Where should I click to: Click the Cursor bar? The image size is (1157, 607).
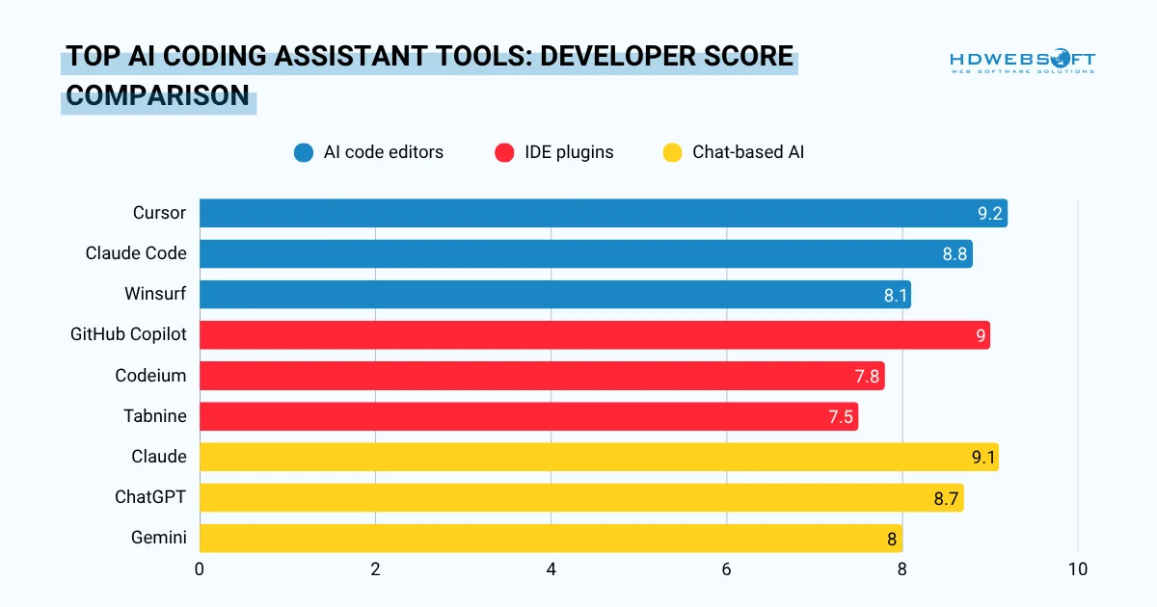click(603, 213)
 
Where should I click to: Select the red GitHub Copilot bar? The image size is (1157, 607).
click(594, 335)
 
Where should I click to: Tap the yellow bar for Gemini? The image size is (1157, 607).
click(551, 539)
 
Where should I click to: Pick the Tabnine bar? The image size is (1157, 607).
click(528, 416)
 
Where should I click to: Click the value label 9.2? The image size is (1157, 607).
click(989, 214)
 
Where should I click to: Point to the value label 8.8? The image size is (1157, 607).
click(955, 254)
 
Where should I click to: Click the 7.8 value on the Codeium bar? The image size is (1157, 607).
click(867, 377)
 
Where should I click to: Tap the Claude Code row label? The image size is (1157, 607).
click(136, 253)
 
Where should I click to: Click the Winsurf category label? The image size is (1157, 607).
click(155, 294)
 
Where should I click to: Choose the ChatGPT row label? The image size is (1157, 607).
click(149, 497)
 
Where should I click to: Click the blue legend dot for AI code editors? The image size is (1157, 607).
click(304, 152)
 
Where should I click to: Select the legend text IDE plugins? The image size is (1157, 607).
click(569, 152)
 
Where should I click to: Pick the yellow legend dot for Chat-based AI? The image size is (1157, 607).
click(673, 152)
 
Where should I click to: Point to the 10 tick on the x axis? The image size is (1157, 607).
click(1077, 569)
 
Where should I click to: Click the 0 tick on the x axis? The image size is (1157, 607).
click(200, 569)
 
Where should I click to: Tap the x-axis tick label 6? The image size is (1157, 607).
click(726, 569)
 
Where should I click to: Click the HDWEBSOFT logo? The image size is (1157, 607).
click(1022, 62)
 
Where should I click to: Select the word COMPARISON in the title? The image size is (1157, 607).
click(157, 96)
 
